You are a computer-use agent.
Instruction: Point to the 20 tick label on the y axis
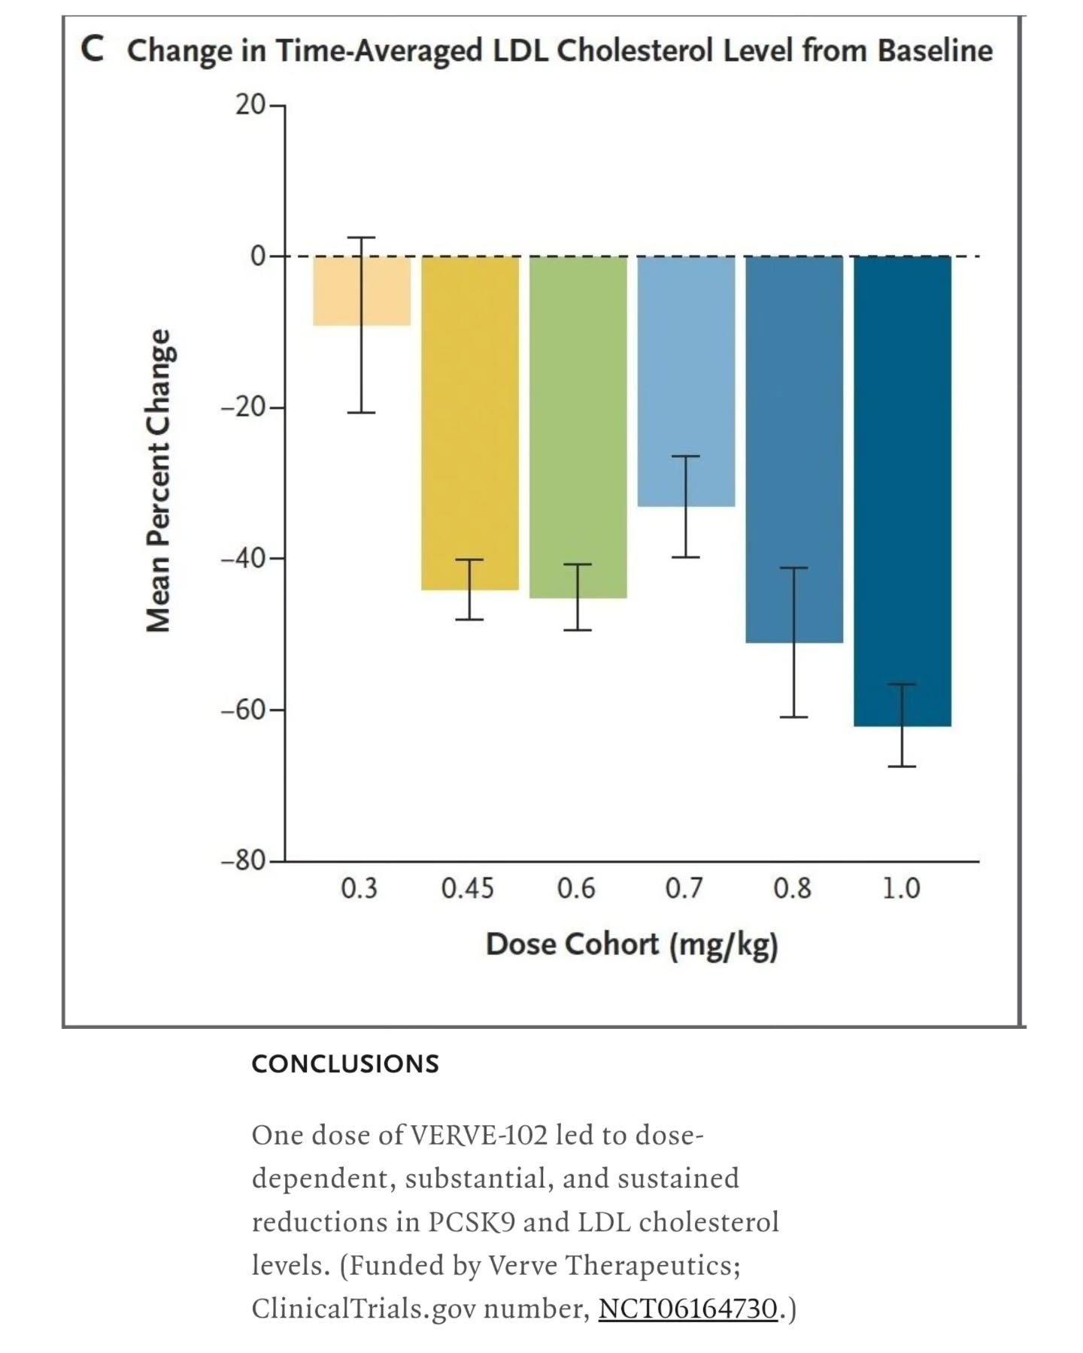pos(250,105)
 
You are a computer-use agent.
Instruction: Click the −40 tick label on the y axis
pos(243,559)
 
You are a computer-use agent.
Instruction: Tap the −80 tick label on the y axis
pos(243,860)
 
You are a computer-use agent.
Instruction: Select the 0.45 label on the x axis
pos(468,889)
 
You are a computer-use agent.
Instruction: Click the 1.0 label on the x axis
pos(901,889)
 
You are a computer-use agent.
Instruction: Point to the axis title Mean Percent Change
pos(159,481)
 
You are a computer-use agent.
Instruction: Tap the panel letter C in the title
pos(92,50)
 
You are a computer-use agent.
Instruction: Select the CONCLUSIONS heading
pos(345,1064)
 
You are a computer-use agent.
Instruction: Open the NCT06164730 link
pos(687,1309)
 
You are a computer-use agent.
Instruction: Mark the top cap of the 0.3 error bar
pos(361,238)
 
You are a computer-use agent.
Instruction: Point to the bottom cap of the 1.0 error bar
pos(902,766)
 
